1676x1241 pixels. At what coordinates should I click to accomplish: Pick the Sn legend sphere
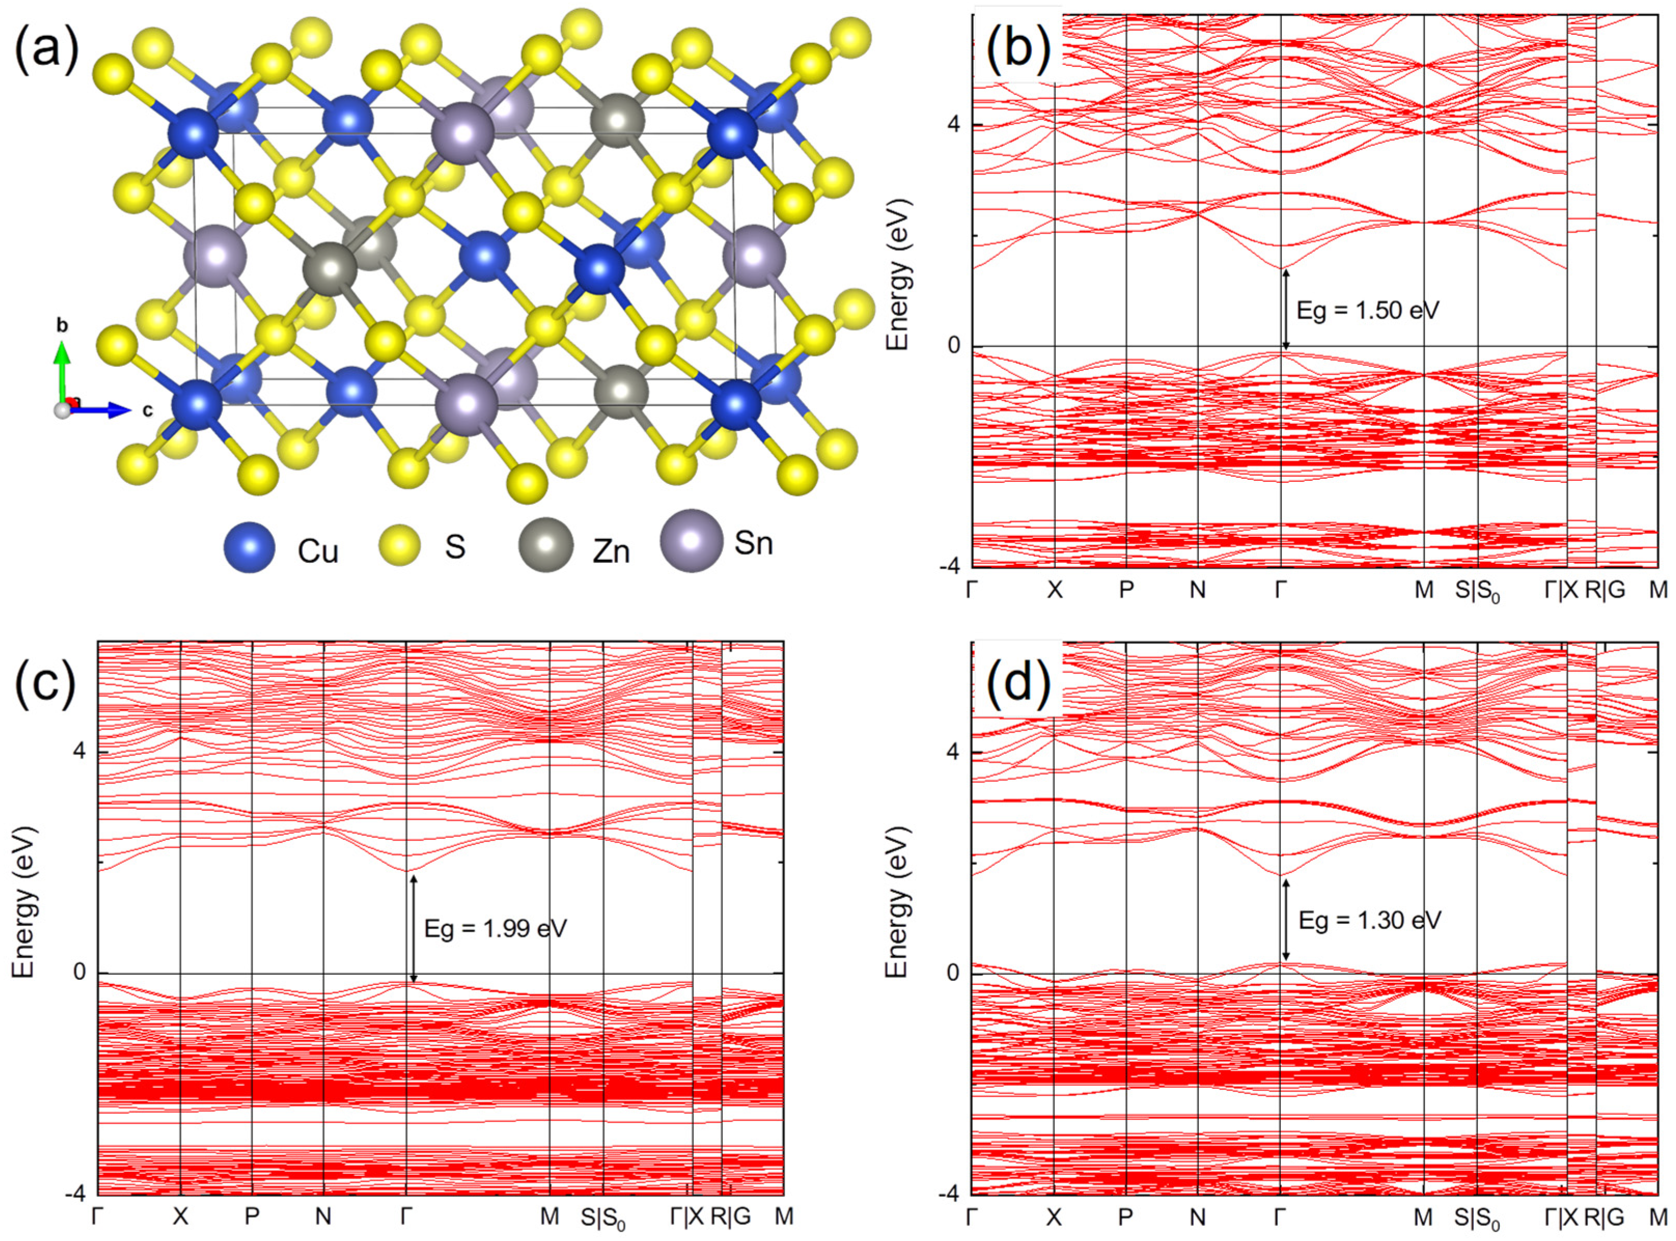pos(691,540)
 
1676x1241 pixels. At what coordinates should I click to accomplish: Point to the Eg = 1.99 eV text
pos(495,929)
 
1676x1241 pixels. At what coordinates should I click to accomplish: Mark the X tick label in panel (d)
pos(1054,1216)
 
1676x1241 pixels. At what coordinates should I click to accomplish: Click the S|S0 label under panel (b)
pos(1477,592)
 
